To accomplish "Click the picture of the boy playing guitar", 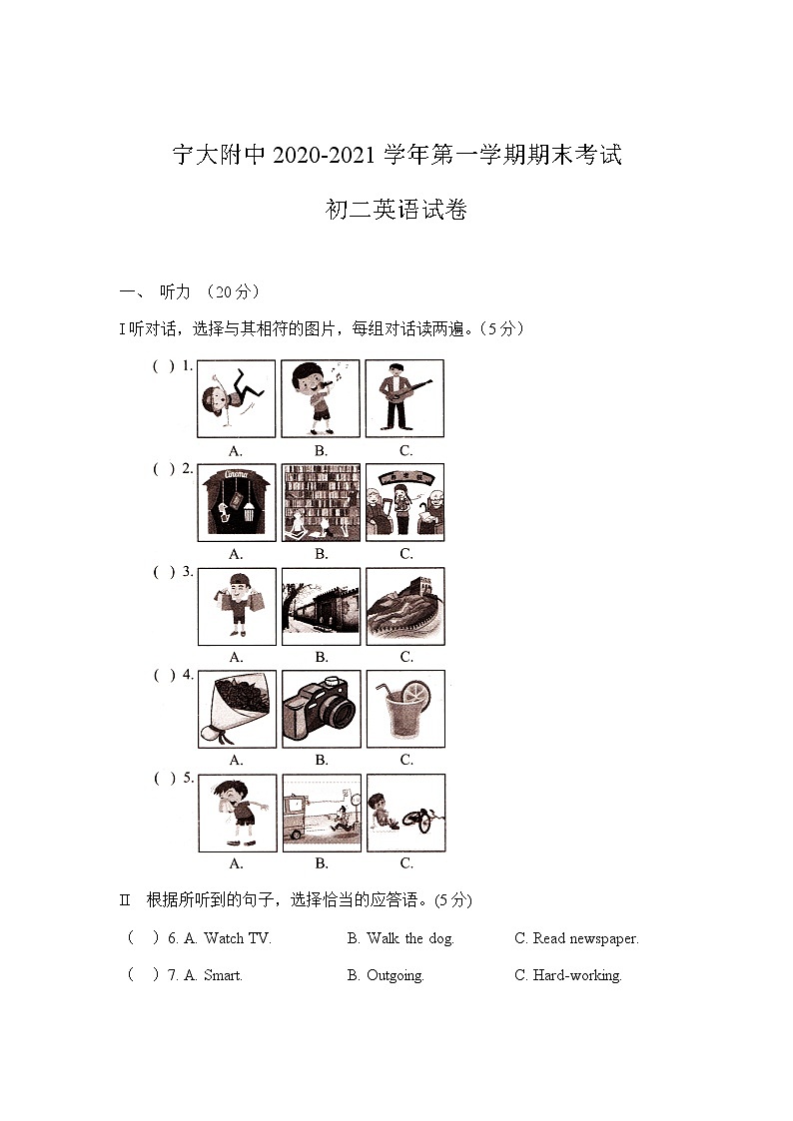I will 404,398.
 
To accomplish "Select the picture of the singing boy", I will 321,398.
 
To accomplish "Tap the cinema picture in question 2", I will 236,502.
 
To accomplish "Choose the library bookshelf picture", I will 321,502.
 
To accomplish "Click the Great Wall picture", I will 405,606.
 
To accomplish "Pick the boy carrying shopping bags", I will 237,606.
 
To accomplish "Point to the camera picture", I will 321,709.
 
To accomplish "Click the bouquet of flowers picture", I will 237,709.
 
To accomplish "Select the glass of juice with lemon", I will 405,709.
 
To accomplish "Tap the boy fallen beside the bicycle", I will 405,813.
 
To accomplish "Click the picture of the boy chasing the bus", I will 321,813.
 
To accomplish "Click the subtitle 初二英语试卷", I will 396,211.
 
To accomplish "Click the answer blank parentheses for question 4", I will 164,676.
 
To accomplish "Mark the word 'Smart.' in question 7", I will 223,975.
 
